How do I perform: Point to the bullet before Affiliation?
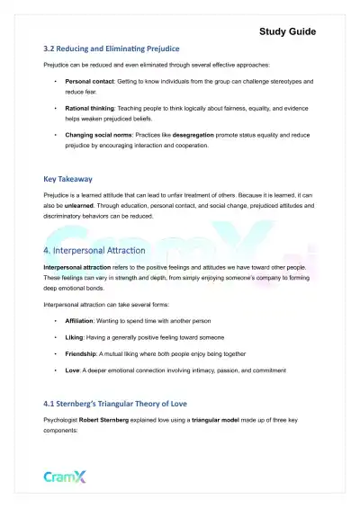click(x=55, y=319)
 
